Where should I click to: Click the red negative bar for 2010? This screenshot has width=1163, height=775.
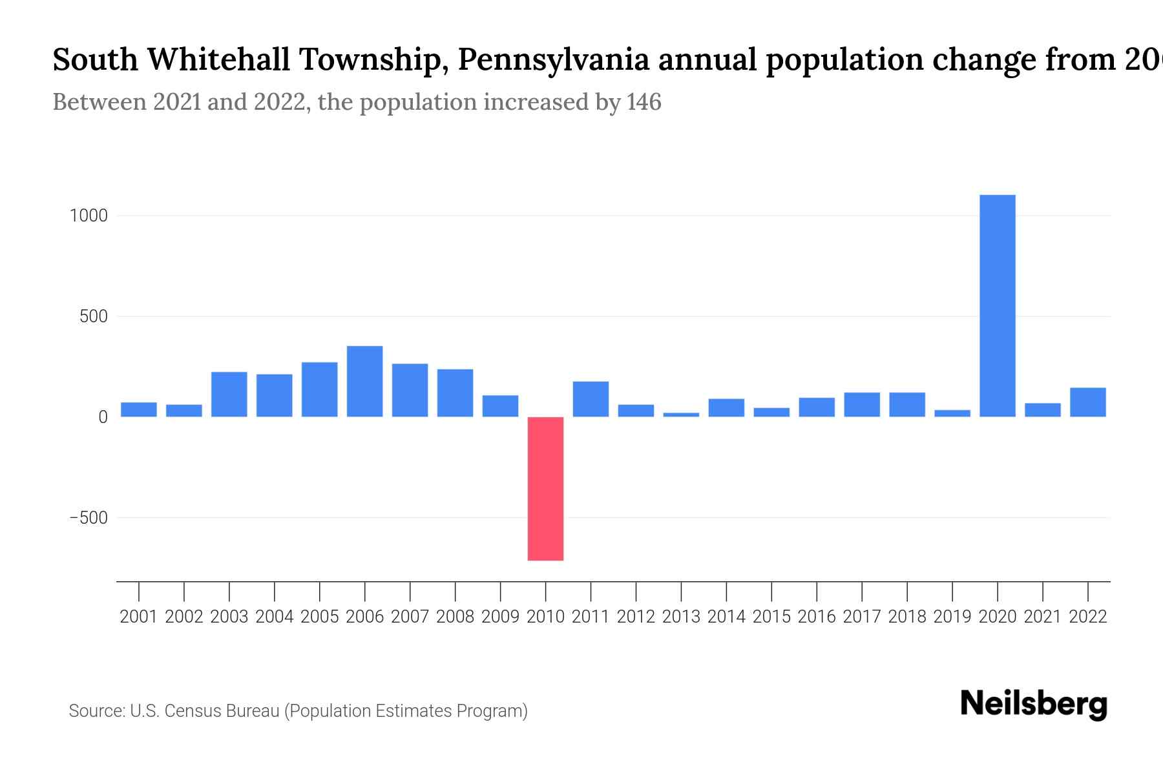[545, 488]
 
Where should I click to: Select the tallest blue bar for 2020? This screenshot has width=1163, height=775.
[997, 305]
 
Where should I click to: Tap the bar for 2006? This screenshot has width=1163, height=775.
[364, 381]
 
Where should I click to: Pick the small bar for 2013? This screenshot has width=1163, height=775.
[681, 414]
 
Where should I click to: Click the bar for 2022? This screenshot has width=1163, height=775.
[1087, 402]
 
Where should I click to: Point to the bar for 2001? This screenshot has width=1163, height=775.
[139, 409]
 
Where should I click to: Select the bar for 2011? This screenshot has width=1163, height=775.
[591, 398]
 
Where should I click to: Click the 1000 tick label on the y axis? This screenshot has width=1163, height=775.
[89, 216]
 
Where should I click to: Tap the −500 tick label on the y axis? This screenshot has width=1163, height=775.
[89, 518]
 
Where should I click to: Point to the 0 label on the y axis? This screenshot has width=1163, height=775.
[103, 417]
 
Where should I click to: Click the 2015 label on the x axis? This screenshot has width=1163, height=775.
[771, 617]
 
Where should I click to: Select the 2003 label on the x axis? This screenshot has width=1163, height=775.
[229, 617]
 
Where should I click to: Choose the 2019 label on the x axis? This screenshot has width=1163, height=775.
[952, 617]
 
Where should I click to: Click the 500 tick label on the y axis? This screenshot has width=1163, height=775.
[94, 316]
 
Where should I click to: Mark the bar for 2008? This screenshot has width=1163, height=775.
[455, 393]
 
